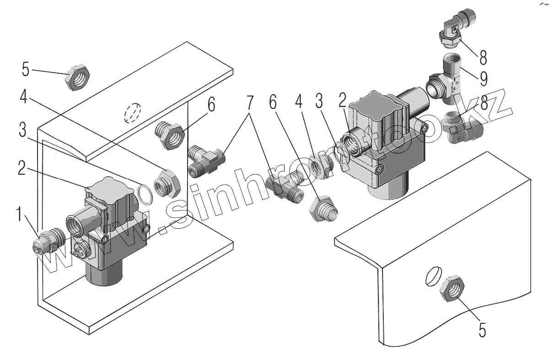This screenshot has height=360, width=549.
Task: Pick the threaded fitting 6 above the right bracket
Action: click(324, 208)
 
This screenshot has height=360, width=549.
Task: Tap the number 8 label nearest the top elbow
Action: click(483, 58)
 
